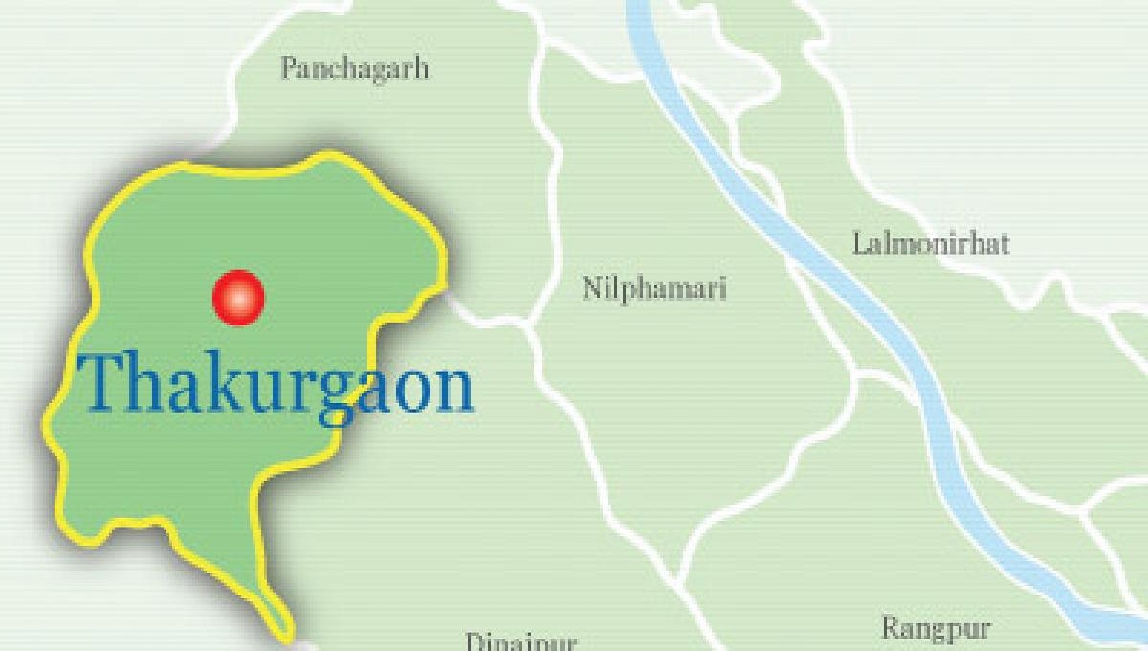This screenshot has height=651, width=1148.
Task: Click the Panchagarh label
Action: click(354, 69)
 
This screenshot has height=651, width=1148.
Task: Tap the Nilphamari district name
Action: click(654, 287)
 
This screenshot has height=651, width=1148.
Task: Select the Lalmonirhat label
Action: click(930, 243)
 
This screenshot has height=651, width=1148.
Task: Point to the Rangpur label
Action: click(935, 629)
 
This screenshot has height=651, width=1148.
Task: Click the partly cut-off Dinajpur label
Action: click(520, 640)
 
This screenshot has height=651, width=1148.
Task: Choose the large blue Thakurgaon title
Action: click(277, 383)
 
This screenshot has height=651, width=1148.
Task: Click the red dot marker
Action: click(238, 297)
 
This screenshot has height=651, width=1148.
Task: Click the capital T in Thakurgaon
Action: click(104, 383)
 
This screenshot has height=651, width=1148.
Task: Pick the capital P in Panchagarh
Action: click(288, 69)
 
